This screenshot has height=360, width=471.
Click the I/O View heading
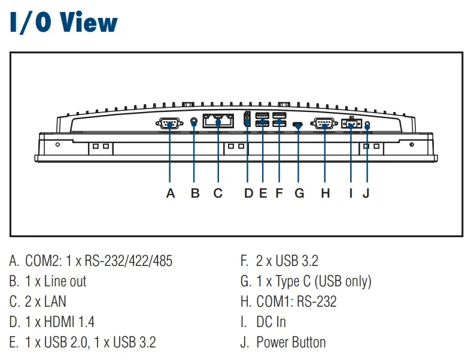[x=63, y=22]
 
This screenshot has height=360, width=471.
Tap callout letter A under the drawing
[x=171, y=193]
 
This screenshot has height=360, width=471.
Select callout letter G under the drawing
[x=299, y=193]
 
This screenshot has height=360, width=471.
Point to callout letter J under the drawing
[x=366, y=193]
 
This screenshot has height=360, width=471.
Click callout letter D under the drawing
[x=249, y=193]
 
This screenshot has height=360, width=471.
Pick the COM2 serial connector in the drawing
[x=169, y=123]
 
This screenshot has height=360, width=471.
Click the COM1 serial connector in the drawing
[x=324, y=123]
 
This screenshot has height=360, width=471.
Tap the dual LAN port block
[x=218, y=120]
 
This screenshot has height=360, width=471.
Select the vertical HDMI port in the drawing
[x=247, y=118]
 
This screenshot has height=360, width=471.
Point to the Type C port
[x=297, y=125]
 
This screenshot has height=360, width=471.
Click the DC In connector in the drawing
[x=351, y=123]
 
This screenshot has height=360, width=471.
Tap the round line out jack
[x=195, y=122]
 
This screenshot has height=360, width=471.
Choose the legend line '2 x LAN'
[x=38, y=302]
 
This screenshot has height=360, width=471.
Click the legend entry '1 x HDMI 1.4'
[x=51, y=322]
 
